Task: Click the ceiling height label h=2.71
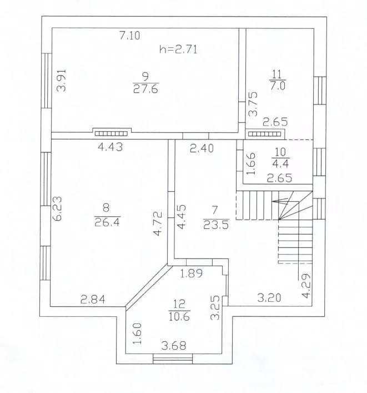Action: point(178,49)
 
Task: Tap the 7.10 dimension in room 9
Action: point(129,36)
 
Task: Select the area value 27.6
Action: point(145,89)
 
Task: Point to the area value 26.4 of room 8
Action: point(107,222)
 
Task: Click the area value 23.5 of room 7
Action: point(216,225)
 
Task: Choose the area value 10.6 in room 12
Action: point(179,317)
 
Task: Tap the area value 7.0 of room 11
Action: point(277,86)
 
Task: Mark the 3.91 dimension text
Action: point(62,81)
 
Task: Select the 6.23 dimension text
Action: point(57,208)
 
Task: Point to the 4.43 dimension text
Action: point(110,147)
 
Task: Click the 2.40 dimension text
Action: point(202,148)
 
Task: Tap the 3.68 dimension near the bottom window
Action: point(174,346)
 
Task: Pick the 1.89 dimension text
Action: point(192,273)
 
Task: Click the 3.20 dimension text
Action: point(269,297)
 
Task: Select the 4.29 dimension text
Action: point(306,285)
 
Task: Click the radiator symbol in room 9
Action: point(111,133)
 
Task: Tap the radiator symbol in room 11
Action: point(265,134)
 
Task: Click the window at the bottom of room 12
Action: point(173,359)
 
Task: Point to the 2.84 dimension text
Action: point(93,299)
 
